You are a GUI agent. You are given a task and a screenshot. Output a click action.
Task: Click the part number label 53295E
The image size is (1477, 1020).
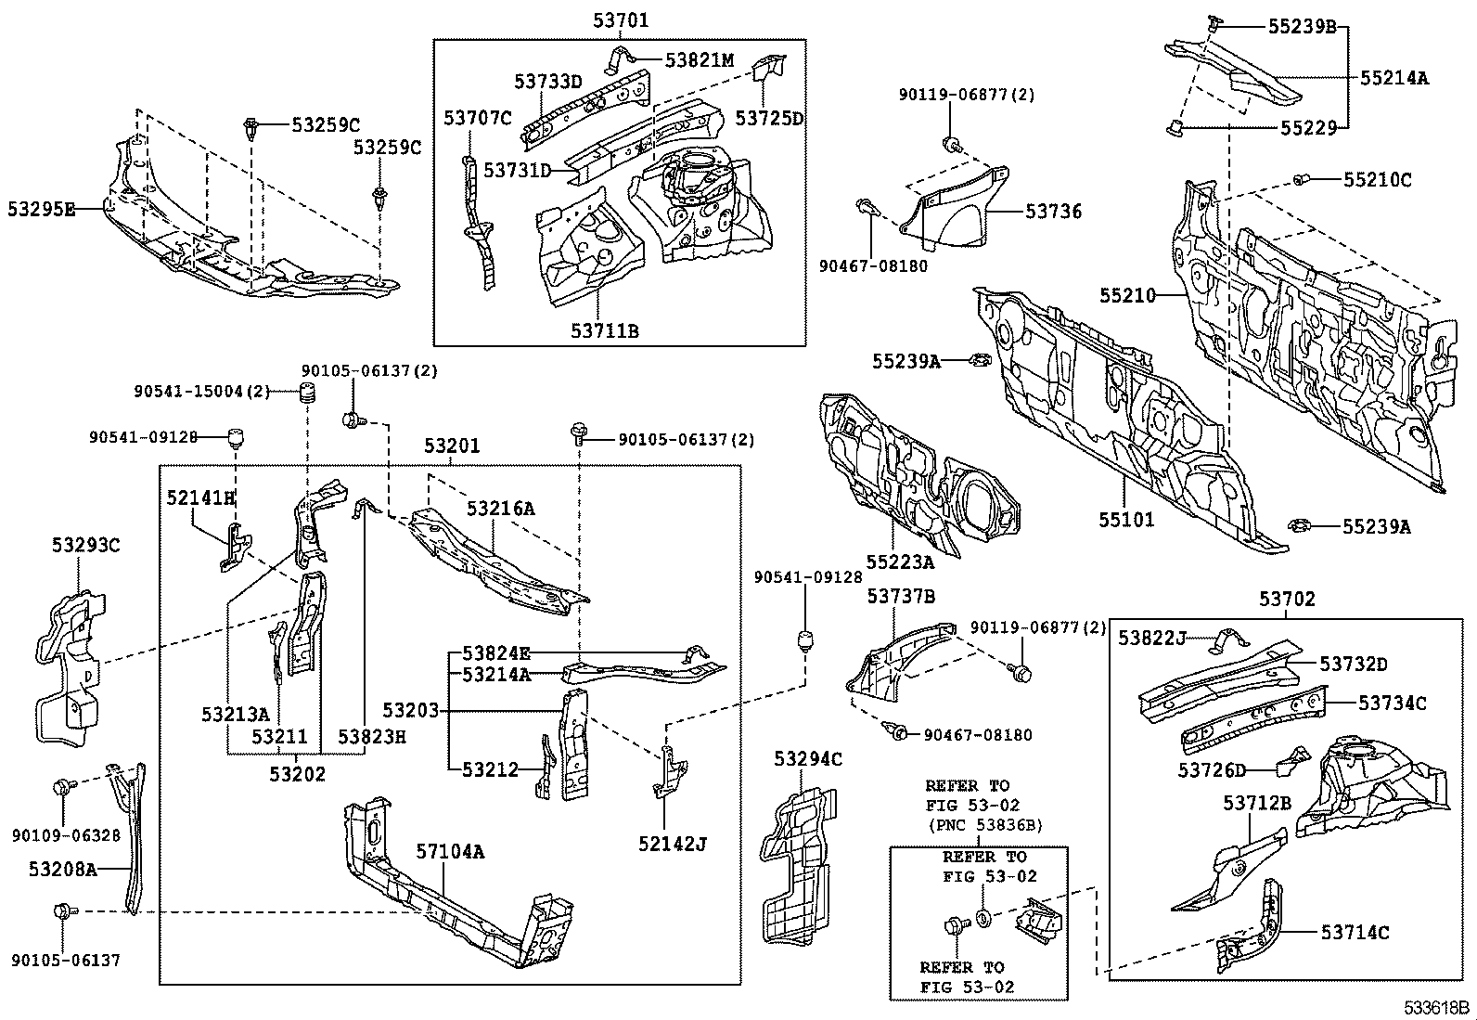(x=41, y=210)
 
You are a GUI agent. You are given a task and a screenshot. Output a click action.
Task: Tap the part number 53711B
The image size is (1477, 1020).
(x=604, y=330)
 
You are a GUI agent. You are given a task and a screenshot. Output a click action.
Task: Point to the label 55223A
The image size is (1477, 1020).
(x=900, y=561)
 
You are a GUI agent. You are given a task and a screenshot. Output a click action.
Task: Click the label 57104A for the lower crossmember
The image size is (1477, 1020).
(x=449, y=851)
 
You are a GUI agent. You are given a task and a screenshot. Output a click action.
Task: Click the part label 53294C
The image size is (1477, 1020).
(x=807, y=759)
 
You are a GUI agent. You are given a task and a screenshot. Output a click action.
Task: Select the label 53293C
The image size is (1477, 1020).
(x=85, y=545)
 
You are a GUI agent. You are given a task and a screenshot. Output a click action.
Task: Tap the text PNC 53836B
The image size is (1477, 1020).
(x=983, y=823)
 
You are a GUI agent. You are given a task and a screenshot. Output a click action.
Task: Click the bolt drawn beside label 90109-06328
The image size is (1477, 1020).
(x=62, y=788)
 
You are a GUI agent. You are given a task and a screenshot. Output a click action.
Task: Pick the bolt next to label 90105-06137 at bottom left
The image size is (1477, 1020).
(x=62, y=911)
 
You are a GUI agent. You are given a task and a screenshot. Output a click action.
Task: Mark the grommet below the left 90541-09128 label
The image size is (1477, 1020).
(x=236, y=434)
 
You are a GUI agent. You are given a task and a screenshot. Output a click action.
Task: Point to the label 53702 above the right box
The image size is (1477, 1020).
(x=1287, y=600)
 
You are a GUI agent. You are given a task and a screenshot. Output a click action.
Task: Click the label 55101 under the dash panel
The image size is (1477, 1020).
(x=1126, y=519)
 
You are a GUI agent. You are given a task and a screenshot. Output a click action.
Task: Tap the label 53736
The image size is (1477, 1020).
(x=1053, y=212)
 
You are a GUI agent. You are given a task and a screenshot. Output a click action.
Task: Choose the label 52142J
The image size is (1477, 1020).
(x=672, y=843)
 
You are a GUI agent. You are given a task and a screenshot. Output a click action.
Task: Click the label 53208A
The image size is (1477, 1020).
(x=62, y=869)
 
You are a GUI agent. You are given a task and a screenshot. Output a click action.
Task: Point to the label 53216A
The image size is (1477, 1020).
(x=500, y=509)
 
